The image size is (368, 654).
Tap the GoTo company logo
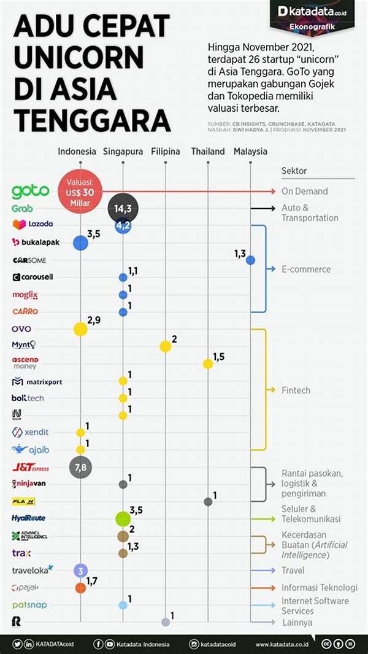click(x=30, y=192)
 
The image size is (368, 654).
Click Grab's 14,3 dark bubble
click(x=123, y=209)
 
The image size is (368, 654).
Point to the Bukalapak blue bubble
click(x=80, y=243)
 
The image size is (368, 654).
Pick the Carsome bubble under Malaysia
click(x=250, y=260)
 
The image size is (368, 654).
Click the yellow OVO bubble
click(x=80, y=329)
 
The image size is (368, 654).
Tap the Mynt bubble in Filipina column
click(x=165, y=346)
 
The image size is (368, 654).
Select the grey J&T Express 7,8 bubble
click(x=81, y=468)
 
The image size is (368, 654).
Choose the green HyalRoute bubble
click(x=123, y=518)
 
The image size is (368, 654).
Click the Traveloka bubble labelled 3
click(x=80, y=570)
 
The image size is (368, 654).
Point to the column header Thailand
click(x=207, y=151)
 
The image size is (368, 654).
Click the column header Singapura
click(x=123, y=151)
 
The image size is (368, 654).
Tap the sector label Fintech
click(x=296, y=390)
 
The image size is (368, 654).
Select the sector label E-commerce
click(x=305, y=269)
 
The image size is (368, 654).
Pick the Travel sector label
click(x=293, y=570)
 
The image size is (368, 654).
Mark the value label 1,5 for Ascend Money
click(x=219, y=357)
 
